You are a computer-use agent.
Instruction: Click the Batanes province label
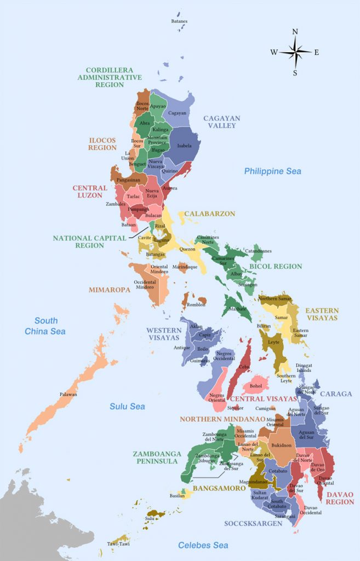(x=179, y=21)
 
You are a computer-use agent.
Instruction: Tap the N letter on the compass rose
(x=295, y=32)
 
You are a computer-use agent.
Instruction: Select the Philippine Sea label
(x=272, y=171)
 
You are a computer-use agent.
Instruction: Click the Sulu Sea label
(x=127, y=407)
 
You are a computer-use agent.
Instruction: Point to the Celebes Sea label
(x=203, y=545)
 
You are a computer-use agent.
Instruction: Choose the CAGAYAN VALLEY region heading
(x=220, y=122)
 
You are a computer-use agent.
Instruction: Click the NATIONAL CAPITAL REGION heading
(x=78, y=242)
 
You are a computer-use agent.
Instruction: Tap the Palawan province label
(x=68, y=394)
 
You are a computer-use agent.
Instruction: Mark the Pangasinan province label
(x=128, y=179)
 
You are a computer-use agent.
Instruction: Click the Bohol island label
(x=255, y=386)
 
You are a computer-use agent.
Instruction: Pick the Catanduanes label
(x=258, y=251)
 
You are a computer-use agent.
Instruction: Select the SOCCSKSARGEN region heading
(x=253, y=523)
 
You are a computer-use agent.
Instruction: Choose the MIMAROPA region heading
(x=110, y=290)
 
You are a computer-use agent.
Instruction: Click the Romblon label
(x=196, y=305)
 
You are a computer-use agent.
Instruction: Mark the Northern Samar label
(x=276, y=299)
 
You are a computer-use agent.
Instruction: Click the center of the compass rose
(x=295, y=52)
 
